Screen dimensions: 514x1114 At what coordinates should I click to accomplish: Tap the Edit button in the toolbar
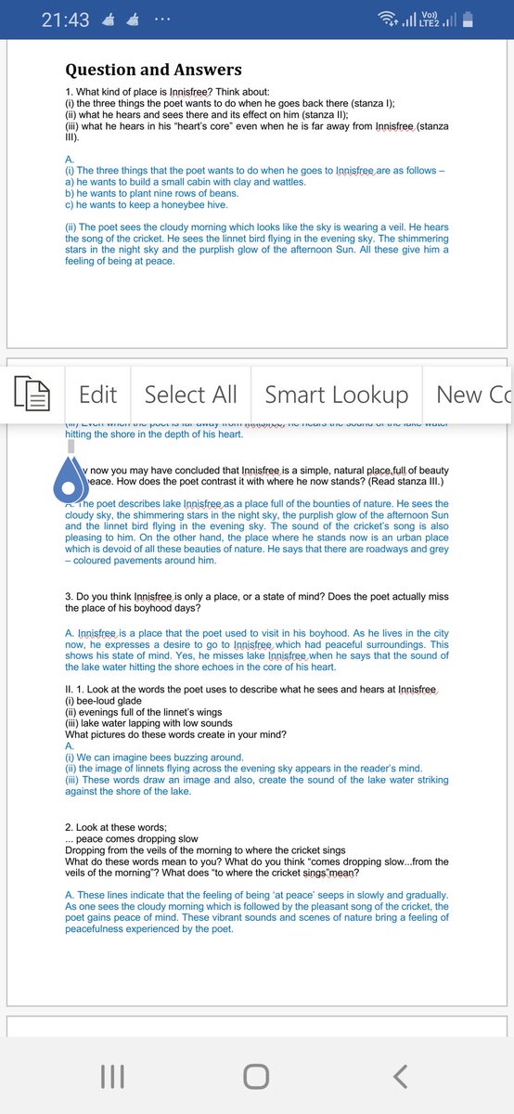coord(97,395)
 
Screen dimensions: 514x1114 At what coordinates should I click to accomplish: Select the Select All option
coord(190,395)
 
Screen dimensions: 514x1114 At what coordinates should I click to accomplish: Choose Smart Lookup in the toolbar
coord(336,395)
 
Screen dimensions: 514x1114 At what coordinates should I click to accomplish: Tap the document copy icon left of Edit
coord(32,395)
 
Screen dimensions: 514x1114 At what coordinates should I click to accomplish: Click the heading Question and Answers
coord(153,70)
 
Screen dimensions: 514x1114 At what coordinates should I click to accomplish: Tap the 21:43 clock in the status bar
coord(65,19)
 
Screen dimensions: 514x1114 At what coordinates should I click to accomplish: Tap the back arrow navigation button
coord(400,1076)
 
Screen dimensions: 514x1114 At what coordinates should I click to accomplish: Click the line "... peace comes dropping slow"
coord(131,839)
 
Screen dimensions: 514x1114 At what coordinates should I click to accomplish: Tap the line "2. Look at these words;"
coord(116,827)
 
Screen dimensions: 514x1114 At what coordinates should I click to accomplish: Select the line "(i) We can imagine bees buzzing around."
coord(154,758)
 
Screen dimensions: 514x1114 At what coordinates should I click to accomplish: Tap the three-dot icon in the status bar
coord(162,19)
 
